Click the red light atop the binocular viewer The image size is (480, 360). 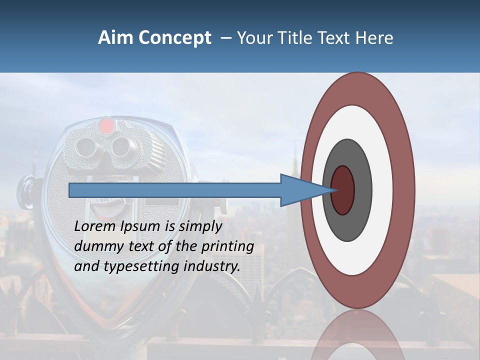106,126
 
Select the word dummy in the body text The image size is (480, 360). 95,246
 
